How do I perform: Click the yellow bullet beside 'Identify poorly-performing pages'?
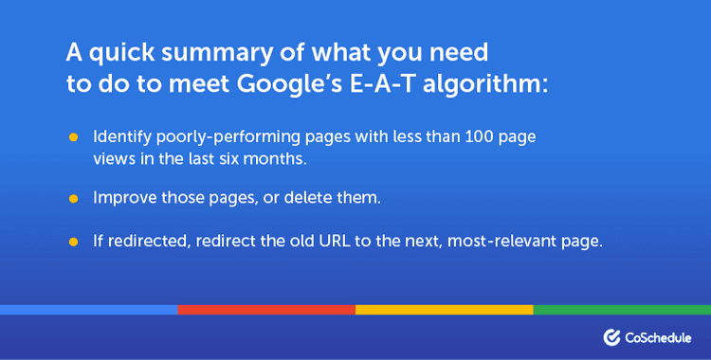(x=73, y=138)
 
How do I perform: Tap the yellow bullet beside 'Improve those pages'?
(x=73, y=199)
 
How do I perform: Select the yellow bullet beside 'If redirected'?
(x=73, y=243)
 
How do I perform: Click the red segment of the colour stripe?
(x=266, y=309)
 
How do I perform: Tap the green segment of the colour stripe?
(x=622, y=309)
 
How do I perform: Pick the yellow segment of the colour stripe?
(x=444, y=309)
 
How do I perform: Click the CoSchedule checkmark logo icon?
(x=611, y=336)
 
